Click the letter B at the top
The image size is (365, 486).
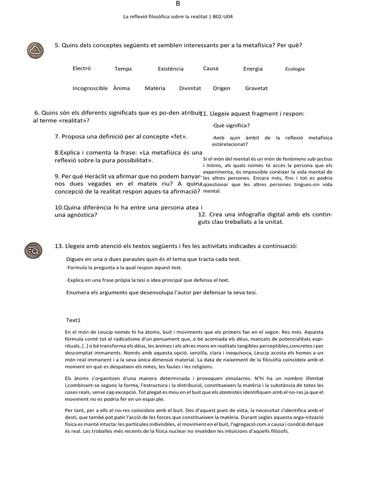click(x=178, y=3)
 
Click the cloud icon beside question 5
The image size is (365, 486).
click(x=36, y=50)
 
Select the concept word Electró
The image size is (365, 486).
click(x=81, y=68)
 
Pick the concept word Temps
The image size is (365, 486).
click(x=123, y=69)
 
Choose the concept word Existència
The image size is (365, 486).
click(x=171, y=69)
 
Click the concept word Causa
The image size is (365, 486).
click(x=211, y=68)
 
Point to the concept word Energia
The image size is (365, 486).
click(x=253, y=69)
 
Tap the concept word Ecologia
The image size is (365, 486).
click(x=295, y=69)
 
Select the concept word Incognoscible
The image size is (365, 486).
click(x=90, y=88)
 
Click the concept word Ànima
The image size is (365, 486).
click(x=122, y=88)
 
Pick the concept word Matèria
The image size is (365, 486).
click(x=155, y=88)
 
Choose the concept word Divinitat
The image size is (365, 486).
click(x=190, y=88)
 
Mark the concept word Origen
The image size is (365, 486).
click(x=221, y=88)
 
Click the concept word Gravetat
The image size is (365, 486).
click(x=257, y=88)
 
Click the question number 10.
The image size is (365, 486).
click(x=59, y=207)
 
